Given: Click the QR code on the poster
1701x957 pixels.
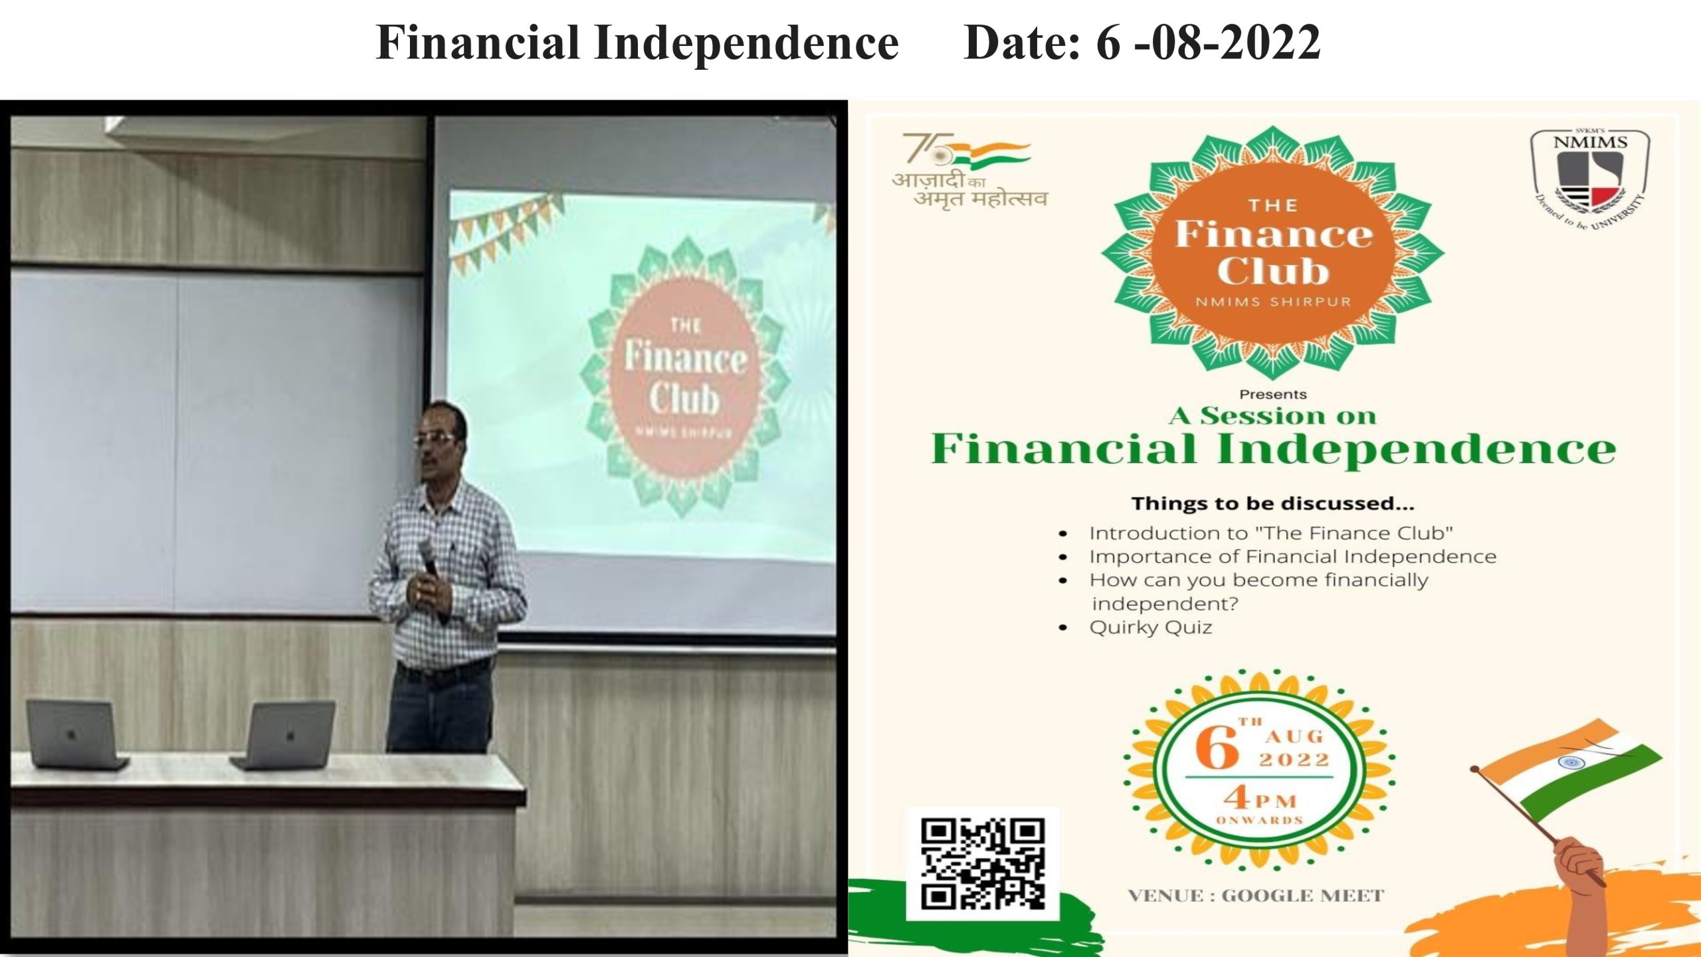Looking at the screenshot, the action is click(983, 864).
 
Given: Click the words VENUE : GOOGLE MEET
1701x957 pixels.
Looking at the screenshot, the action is click(1256, 896).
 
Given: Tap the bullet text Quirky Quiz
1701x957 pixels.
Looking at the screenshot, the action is click(1150, 627).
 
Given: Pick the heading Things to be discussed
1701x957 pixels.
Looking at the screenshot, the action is click(1273, 504).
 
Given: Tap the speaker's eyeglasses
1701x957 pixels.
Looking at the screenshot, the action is click(435, 438).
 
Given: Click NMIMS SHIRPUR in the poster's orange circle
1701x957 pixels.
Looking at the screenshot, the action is click(1273, 302).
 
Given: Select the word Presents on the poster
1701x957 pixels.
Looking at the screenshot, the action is click(1273, 395).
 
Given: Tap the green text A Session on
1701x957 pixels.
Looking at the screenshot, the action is click(1272, 416).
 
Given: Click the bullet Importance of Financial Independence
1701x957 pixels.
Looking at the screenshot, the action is click(1292, 556).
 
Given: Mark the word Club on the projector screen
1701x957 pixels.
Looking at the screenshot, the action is click(684, 399).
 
